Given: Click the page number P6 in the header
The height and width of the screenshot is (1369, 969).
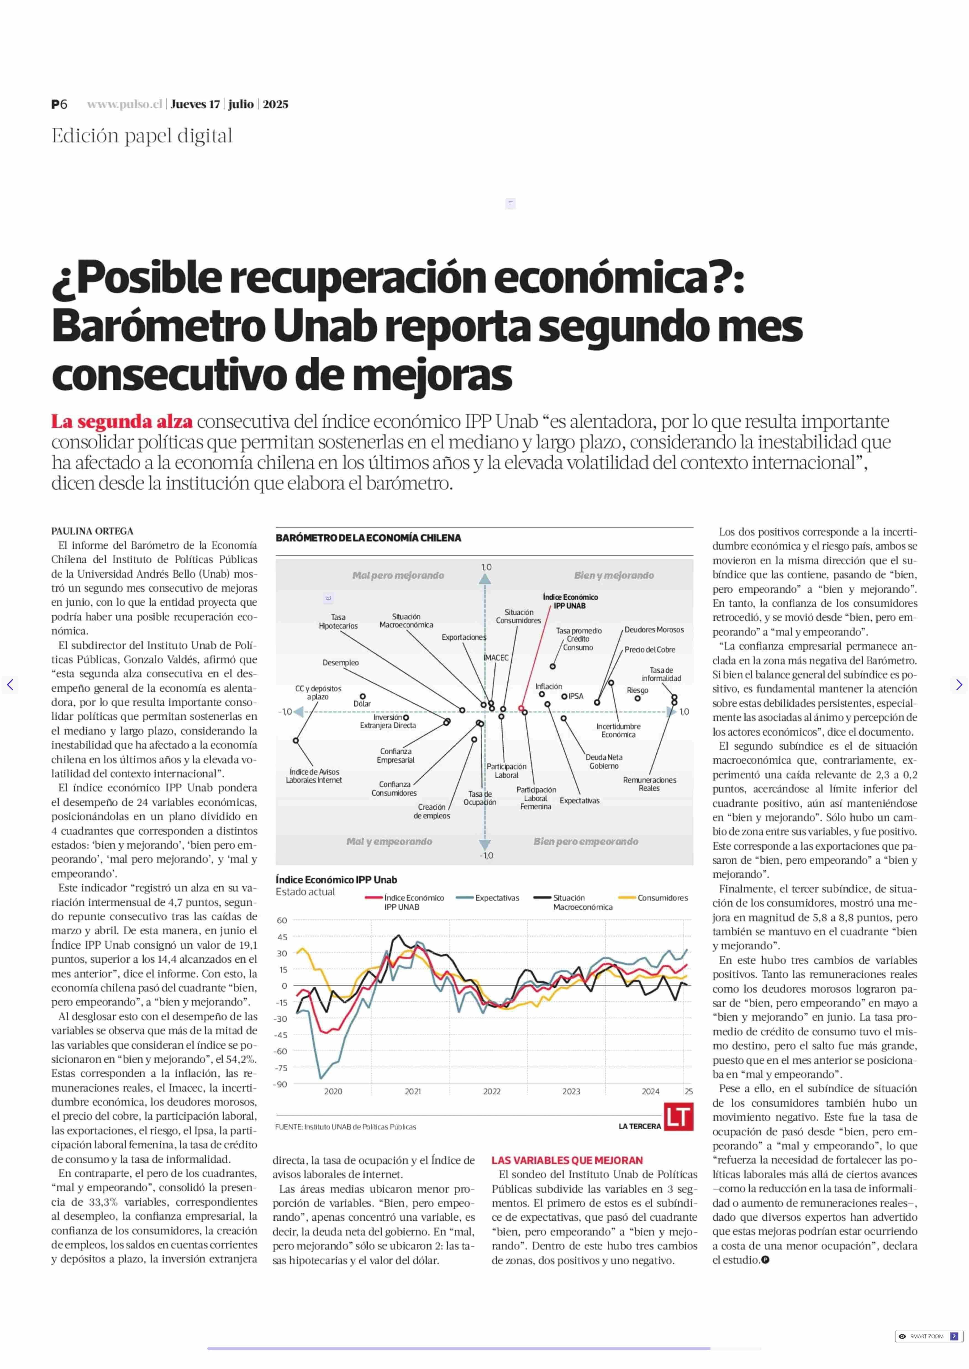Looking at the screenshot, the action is pos(59,104).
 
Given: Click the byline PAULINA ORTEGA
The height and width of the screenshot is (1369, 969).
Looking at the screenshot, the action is pos(93,531).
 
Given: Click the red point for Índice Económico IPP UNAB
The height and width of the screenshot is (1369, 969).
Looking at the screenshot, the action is pos(522,709).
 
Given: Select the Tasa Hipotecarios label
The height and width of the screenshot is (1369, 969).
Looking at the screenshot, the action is pos(338,622).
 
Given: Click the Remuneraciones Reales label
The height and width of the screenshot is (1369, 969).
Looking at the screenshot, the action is pos(649,784).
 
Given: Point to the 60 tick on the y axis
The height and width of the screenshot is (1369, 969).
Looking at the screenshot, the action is pos(282,920).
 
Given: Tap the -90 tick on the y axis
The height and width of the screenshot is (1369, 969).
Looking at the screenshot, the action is pos(280,1084).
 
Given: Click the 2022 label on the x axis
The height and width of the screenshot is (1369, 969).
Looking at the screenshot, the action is pos(492,1091).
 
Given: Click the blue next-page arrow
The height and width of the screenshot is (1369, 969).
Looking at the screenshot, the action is pos(959,684).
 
